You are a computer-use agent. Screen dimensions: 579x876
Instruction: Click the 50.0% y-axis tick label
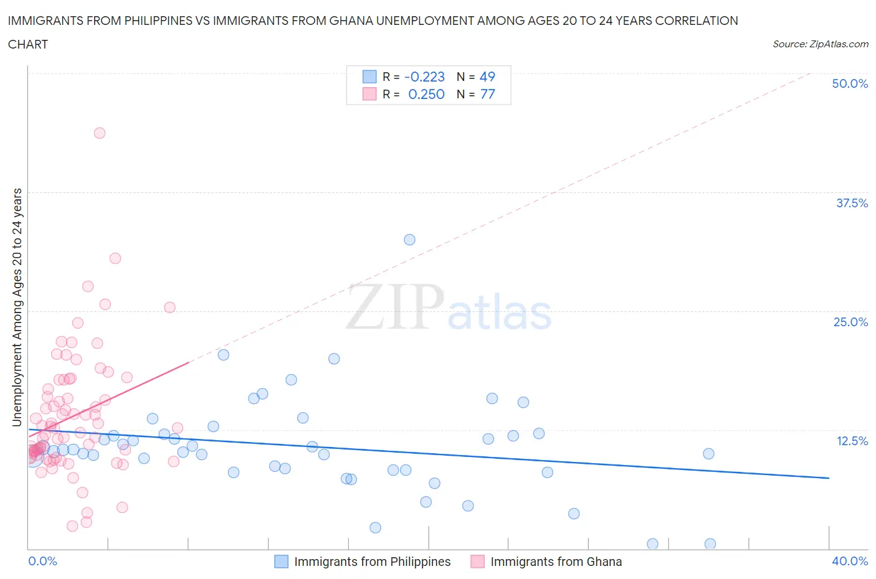point(850,83)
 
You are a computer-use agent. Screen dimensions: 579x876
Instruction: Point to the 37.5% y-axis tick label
point(852,203)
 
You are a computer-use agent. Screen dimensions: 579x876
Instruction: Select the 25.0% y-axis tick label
point(850,322)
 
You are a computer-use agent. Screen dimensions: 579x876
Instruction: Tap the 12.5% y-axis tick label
point(852,441)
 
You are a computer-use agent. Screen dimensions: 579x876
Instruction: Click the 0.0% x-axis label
point(43,561)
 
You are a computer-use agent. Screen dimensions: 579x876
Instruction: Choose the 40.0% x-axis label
point(850,561)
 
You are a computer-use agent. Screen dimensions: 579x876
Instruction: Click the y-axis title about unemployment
point(17,308)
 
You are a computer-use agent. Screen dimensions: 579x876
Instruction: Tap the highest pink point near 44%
point(99,133)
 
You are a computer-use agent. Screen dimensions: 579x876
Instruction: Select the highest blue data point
point(409,240)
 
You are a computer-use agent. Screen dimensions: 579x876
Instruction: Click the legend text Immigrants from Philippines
point(372,562)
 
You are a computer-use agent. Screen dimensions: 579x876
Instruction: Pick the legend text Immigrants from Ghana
point(556,562)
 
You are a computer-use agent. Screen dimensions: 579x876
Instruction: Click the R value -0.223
point(424,77)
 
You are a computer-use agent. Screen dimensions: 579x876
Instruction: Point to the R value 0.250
point(426,94)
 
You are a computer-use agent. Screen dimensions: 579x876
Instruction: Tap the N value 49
point(487,77)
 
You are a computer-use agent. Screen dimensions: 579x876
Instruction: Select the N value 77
point(487,94)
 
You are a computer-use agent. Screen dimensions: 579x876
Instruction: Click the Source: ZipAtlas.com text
point(820,44)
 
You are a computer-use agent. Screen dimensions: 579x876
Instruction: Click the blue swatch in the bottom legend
point(282,562)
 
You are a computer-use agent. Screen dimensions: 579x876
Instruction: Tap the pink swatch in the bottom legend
point(477,562)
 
